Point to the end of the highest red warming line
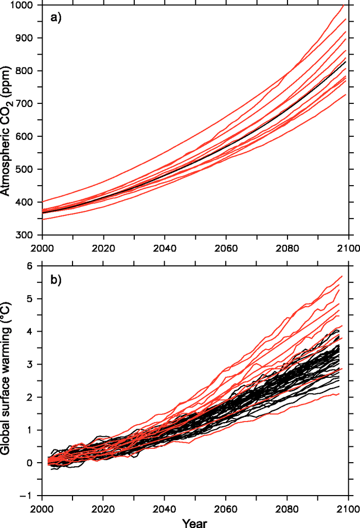coord(341,276)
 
